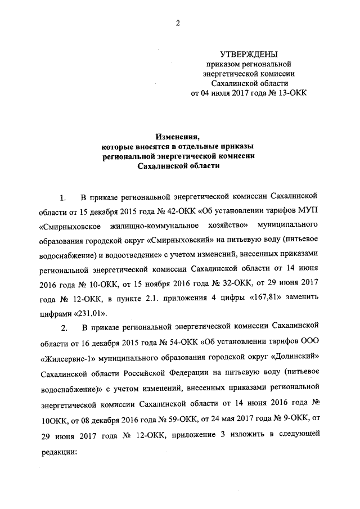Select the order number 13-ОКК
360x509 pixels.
tap(289, 93)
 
